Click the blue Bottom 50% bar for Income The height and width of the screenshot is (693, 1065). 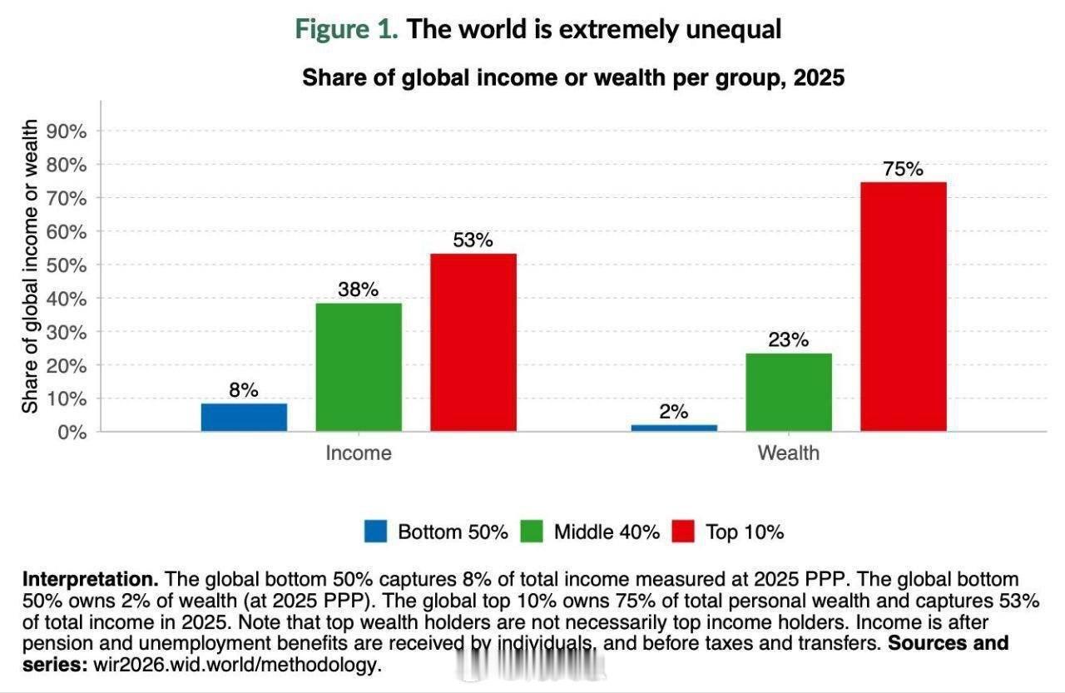pos(244,417)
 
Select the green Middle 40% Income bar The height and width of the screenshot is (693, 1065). pos(359,367)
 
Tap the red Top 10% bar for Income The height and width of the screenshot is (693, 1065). pos(473,342)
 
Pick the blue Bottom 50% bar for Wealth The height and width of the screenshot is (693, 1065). pos(674,428)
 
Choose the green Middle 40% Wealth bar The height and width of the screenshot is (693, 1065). pos(788,392)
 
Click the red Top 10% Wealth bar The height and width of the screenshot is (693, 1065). pos(903,306)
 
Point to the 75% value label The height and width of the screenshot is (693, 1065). pos(903,169)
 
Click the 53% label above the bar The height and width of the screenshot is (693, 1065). pos(473,240)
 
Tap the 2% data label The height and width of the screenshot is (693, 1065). pos(674,411)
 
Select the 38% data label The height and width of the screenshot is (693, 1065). pos(359,290)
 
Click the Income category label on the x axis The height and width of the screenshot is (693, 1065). pos(359,453)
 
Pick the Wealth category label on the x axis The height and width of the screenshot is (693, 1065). pos(788,453)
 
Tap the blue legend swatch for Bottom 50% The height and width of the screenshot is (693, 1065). pos(376,532)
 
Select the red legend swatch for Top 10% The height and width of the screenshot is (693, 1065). pos(682,532)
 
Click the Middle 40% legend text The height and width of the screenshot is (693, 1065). pos(607,532)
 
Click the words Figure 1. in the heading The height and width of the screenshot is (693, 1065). pos(347,29)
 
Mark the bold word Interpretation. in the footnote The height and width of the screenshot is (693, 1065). pos(91,579)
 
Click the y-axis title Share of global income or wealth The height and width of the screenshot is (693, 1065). pos(31,266)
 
